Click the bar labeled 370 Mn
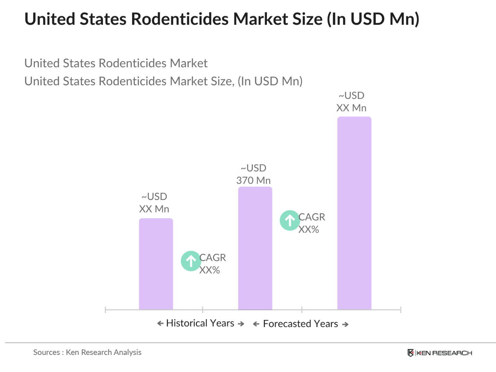click(x=255, y=248)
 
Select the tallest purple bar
click(x=354, y=213)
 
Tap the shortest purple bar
click(x=156, y=264)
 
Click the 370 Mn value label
click(x=253, y=180)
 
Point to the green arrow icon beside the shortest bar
click(x=191, y=261)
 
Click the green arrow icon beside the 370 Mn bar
click(x=290, y=220)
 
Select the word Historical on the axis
click(x=186, y=323)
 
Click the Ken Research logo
click(x=440, y=353)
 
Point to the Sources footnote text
click(x=87, y=352)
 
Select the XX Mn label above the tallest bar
click(x=351, y=108)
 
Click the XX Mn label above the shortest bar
click(x=154, y=209)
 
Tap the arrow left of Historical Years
click(x=160, y=323)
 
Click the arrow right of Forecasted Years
click(x=345, y=325)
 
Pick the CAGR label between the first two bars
click(x=212, y=258)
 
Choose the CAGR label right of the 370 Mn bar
click(x=312, y=217)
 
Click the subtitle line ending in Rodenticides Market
click(x=116, y=63)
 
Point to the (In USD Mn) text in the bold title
click(x=373, y=19)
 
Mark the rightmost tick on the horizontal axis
click(x=400, y=310)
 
